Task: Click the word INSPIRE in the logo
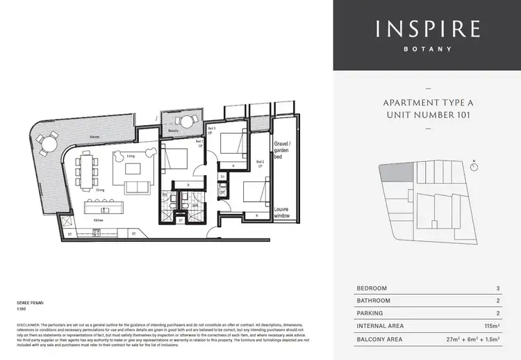click(x=427, y=29)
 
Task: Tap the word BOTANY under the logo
click(x=427, y=49)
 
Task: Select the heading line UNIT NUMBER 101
click(x=427, y=115)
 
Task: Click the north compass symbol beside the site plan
click(x=474, y=165)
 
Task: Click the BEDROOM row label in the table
click(x=372, y=288)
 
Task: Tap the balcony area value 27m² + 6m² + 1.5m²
click(x=474, y=338)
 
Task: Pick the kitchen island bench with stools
click(x=100, y=208)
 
